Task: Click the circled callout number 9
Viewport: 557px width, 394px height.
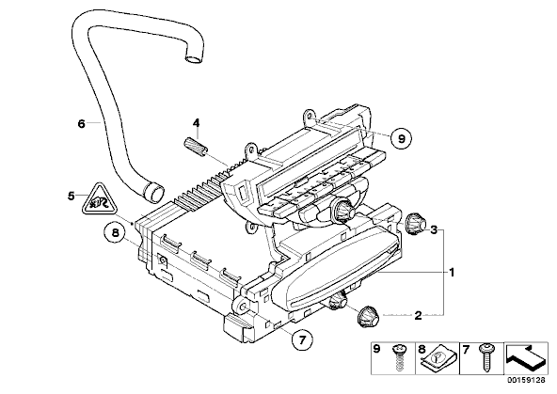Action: [401, 138]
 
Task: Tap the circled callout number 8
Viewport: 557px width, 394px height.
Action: [115, 233]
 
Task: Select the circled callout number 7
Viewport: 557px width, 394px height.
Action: [302, 340]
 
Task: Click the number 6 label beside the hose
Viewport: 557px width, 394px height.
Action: [81, 124]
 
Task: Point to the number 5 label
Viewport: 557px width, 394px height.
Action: [72, 196]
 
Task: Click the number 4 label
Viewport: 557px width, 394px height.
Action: [196, 123]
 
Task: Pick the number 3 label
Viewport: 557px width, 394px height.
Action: [434, 229]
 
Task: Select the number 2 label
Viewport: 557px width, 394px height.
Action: [418, 315]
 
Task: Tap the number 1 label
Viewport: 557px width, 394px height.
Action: [452, 273]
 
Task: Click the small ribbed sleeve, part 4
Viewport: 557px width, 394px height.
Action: [196, 147]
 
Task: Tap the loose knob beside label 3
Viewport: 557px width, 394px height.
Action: [415, 224]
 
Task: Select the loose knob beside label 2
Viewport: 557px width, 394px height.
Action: [368, 316]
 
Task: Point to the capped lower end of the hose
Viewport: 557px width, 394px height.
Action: [153, 192]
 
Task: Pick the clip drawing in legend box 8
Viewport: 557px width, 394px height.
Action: [437, 359]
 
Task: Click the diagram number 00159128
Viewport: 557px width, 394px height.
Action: [526, 380]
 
